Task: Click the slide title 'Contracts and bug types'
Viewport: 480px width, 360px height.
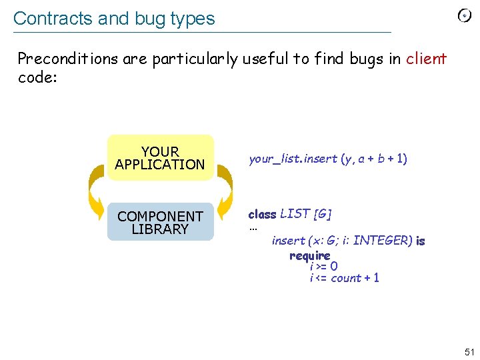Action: click(x=114, y=19)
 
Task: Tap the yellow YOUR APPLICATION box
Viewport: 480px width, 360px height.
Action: click(x=160, y=158)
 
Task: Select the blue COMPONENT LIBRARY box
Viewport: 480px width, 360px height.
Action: click(x=160, y=223)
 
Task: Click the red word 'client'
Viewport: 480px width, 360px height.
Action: click(x=426, y=59)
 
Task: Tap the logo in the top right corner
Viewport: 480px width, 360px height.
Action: click(x=465, y=16)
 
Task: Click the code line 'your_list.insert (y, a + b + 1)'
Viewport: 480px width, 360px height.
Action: click(x=327, y=159)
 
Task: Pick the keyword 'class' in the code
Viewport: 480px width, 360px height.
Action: click(x=262, y=214)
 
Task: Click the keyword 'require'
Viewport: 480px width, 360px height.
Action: click(x=309, y=255)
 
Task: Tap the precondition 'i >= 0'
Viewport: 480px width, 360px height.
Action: click(x=323, y=267)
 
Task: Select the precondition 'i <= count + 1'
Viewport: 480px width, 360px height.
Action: click(x=344, y=278)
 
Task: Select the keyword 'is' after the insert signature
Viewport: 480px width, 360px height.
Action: click(x=420, y=241)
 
